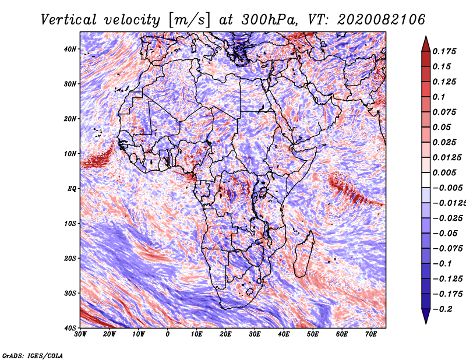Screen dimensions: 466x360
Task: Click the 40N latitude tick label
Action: click(70, 49)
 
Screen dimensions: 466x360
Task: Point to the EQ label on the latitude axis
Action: click(72, 189)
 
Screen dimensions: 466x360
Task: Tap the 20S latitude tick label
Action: click(70, 258)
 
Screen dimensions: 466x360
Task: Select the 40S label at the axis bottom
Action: click(70, 328)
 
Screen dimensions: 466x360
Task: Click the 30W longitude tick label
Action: click(80, 334)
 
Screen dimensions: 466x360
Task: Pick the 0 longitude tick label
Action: click(168, 334)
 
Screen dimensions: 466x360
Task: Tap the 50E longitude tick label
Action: click(313, 334)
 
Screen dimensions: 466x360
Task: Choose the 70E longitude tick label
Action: click(371, 334)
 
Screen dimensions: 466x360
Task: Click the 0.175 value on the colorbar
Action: click(444, 51)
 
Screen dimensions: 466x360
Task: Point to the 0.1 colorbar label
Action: click(439, 97)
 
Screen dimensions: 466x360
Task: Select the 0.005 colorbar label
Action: click(444, 172)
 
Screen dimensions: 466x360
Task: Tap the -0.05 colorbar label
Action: click(445, 234)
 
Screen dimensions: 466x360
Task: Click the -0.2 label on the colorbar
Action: click(442, 309)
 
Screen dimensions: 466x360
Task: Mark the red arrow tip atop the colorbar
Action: click(426, 37)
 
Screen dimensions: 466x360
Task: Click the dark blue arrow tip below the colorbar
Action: click(426, 323)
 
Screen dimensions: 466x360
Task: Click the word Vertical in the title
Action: click(69, 20)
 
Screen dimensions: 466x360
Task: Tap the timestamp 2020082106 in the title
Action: click(381, 20)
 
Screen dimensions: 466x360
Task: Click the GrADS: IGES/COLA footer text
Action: click(33, 355)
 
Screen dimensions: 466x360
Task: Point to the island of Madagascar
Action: click(303, 255)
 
